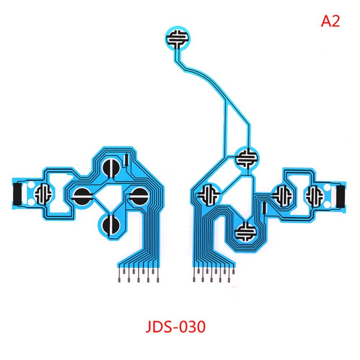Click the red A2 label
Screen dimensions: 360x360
tap(330, 21)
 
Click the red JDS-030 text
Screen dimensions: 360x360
tap(176, 327)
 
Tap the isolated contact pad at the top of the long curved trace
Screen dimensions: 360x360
tap(178, 38)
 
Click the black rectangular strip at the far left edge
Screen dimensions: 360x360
tap(18, 194)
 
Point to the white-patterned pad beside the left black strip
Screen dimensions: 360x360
tap(43, 194)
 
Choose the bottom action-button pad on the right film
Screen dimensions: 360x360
tap(245, 232)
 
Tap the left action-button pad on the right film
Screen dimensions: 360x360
tap(209, 195)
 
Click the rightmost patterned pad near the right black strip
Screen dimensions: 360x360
tap(314, 195)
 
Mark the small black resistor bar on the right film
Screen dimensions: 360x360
tap(264, 208)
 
